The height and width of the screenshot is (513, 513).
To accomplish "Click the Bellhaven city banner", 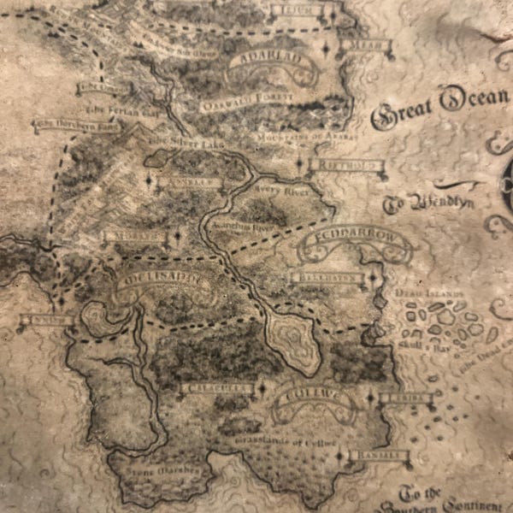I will pyautogui.click(x=327, y=278).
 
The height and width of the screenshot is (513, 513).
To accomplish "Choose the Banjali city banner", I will pyautogui.click(x=374, y=457).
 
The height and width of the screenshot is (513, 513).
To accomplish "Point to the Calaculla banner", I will pyautogui.click(x=217, y=388).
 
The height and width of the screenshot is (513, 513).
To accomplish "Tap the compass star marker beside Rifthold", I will pyautogui.click(x=298, y=162).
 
